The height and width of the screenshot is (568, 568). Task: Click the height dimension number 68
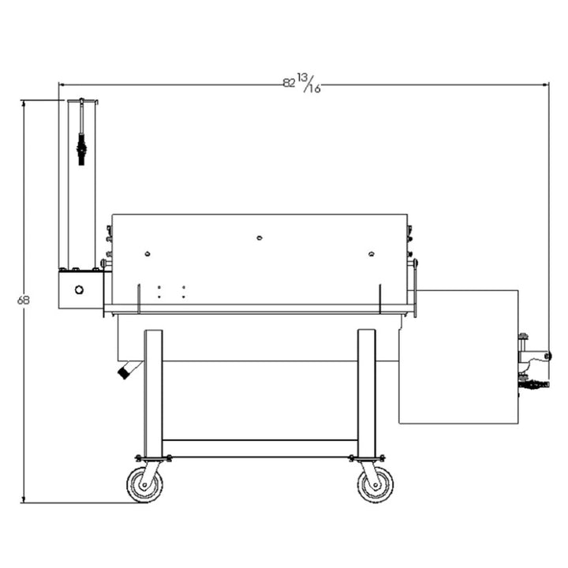(24, 301)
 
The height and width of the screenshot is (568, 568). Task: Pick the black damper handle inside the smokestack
(81, 145)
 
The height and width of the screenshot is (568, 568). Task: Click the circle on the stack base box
(79, 290)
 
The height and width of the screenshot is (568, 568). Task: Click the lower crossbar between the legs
(260, 448)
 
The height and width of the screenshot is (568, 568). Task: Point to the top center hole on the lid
(260, 237)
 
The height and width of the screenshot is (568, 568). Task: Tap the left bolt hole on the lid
(147, 253)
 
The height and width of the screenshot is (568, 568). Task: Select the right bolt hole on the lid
(372, 253)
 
